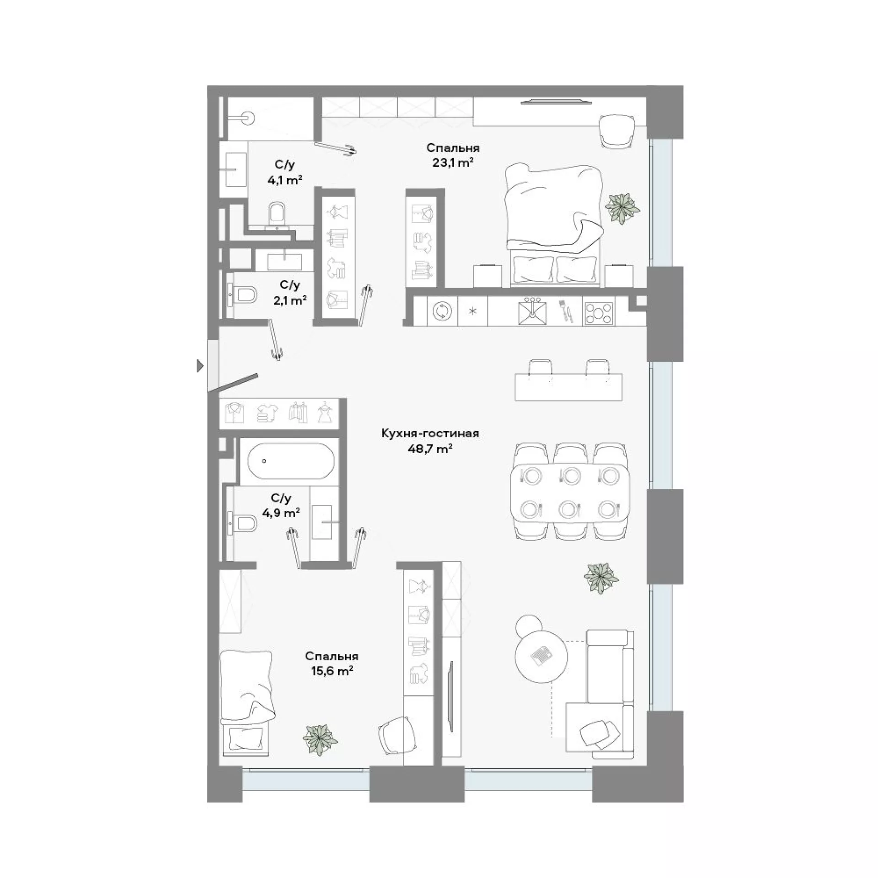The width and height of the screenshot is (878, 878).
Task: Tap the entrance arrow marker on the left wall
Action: [200, 365]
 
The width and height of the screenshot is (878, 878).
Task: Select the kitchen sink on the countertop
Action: [533, 311]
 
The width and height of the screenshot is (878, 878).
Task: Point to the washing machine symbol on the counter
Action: [442, 311]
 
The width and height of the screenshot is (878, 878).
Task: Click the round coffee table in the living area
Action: [541, 657]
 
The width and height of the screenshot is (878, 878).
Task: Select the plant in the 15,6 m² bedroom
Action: [321, 752]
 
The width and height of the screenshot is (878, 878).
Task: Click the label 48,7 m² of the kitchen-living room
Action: [430, 449]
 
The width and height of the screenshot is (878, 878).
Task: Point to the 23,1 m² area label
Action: [453, 162]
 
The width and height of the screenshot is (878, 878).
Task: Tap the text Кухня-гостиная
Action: [430, 433]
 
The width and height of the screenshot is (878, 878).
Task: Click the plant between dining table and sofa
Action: [601, 578]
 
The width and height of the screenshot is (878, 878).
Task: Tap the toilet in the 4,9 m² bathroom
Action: [244, 522]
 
